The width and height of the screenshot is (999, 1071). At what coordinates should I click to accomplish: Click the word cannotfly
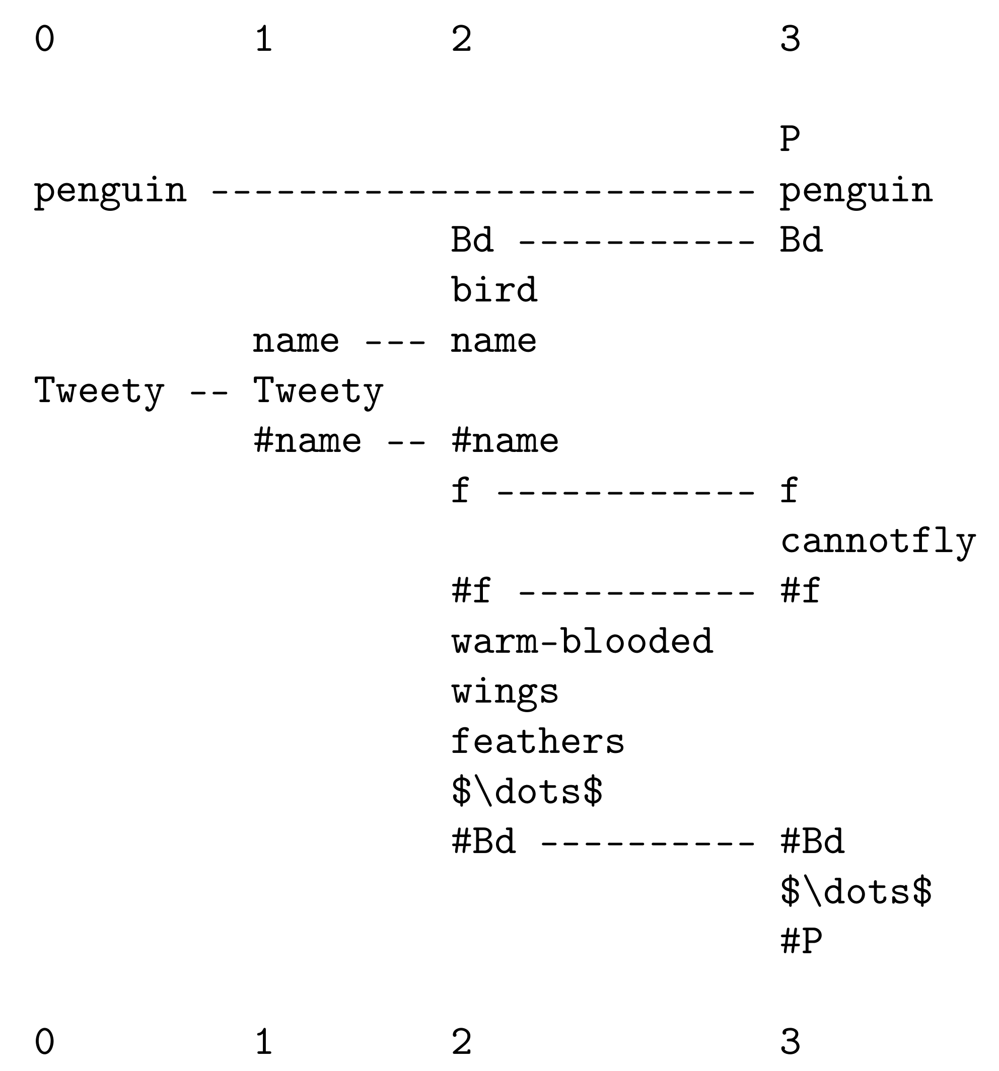[878, 542]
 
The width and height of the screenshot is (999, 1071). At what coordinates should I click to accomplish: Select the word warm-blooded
[582, 641]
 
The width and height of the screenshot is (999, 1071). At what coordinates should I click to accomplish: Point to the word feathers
[537, 741]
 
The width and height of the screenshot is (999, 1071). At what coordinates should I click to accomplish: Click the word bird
[494, 289]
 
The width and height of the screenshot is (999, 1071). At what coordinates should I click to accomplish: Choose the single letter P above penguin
[790, 139]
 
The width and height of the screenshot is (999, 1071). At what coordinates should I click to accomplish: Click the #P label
[801, 942]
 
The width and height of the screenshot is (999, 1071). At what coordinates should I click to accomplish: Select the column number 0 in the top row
[45, 39]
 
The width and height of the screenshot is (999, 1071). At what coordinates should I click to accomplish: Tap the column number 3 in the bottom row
[791, 1041]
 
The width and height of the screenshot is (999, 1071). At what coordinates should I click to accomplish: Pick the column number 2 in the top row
[462, 39]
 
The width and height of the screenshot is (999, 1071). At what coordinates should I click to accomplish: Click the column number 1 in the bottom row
[263, 1041]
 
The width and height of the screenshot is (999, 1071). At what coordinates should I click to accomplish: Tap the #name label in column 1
[307, 441]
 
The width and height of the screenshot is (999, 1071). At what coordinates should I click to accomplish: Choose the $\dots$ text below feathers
[527, 791]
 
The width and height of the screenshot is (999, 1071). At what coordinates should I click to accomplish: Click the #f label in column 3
[801, 591]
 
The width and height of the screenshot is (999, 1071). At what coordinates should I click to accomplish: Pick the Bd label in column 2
[472, 240]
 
